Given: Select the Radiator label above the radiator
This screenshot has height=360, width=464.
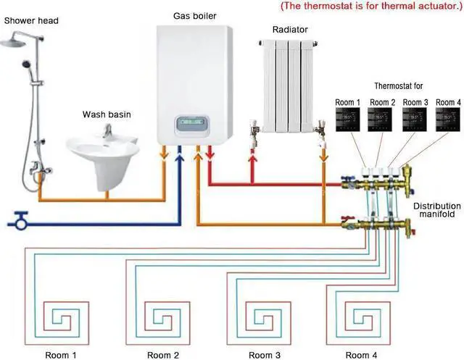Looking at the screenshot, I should click(x=290, y=30).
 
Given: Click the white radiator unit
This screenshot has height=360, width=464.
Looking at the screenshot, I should click(x=289, y=87).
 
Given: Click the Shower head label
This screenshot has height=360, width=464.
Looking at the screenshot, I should click(x=31, y=21).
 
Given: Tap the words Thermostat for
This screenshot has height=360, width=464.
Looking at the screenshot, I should click(x=397, y=86).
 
